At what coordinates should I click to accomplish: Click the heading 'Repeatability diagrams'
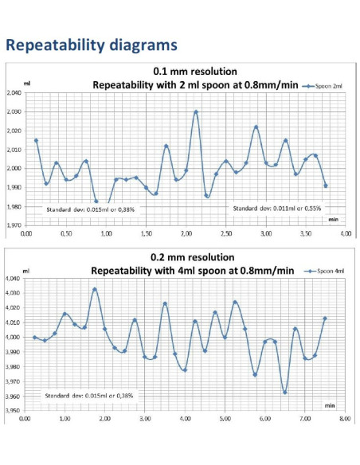click(x=91, y=45)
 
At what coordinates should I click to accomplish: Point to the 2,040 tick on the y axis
click(x=14, y=93)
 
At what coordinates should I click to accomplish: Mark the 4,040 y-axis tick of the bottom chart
click(x=14, y=279)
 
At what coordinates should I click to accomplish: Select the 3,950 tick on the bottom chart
click(x=14, y=411)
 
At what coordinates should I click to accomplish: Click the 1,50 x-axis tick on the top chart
click(x=146, y=235)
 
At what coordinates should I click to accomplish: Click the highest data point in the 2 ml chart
click(x=196, y=112)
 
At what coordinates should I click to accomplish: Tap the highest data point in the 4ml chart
click(x=95, y=290)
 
